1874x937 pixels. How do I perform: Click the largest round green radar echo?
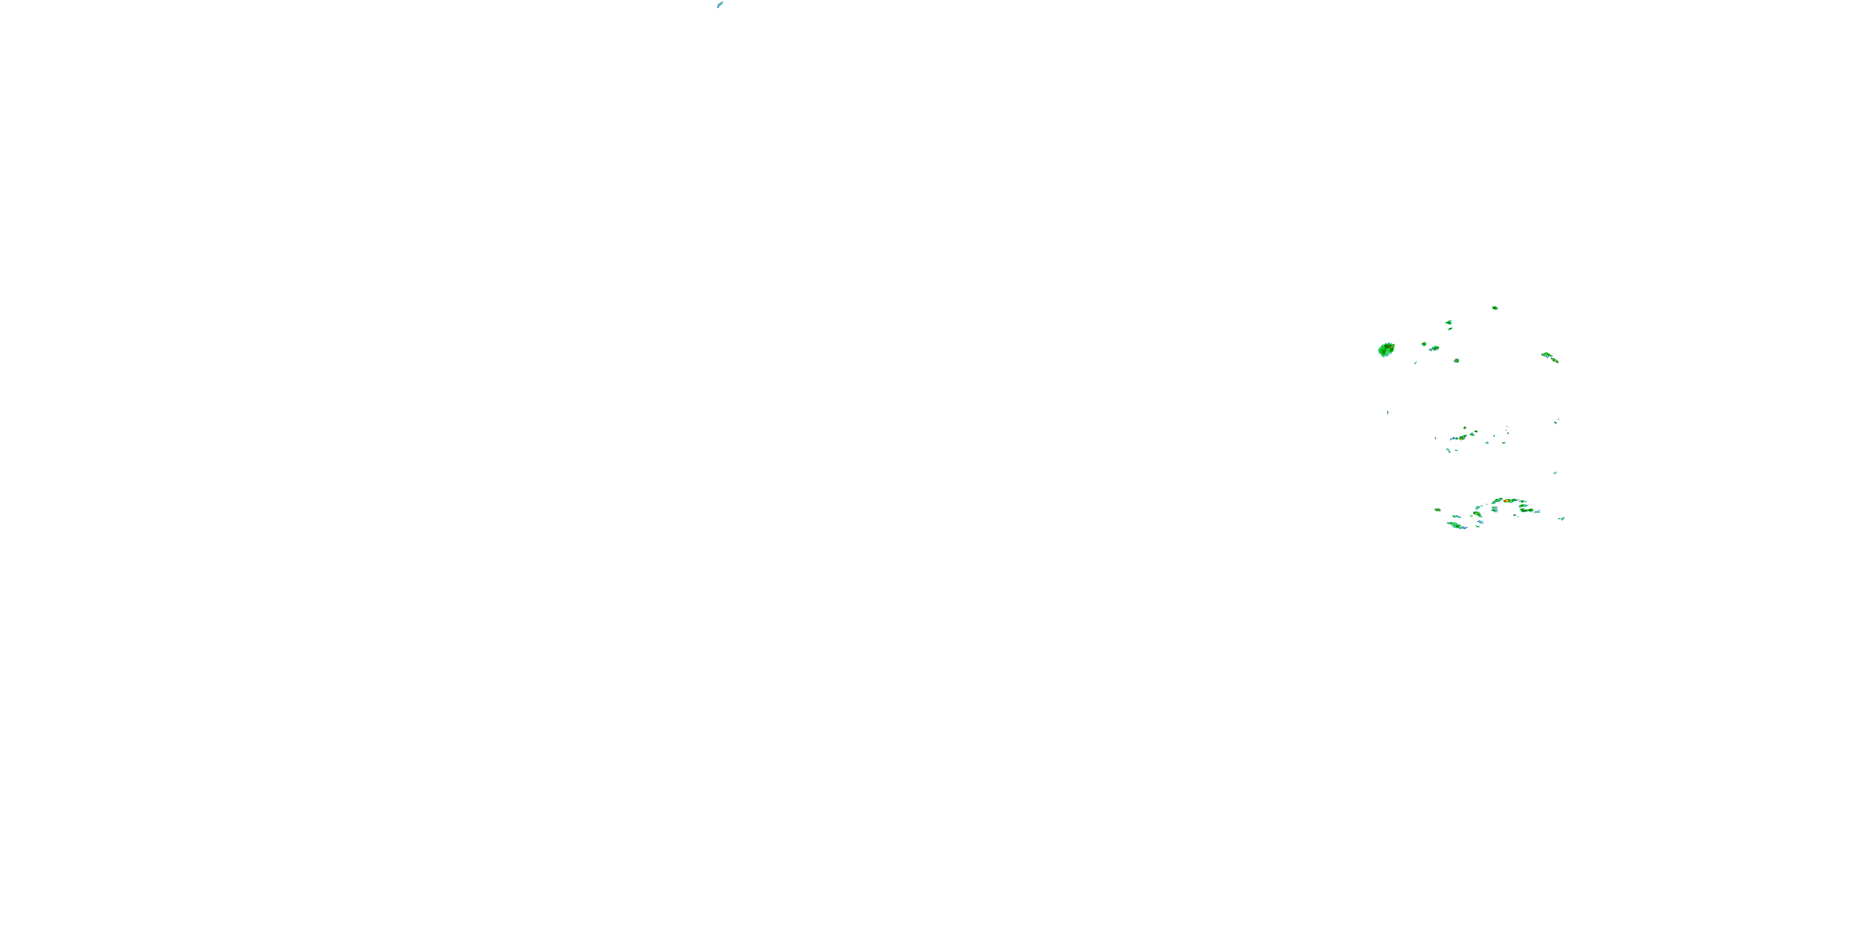coord(1386,350)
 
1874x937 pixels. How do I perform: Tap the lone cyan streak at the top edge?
coord(720,5)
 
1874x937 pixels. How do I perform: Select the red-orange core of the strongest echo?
coord(1507,500)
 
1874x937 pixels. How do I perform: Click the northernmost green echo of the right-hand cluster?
coord(1494,308)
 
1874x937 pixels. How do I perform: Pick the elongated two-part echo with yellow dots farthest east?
coord(1550,357)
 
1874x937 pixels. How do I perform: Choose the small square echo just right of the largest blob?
coord(1424,344)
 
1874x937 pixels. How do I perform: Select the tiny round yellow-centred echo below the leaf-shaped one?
coord(1457,360)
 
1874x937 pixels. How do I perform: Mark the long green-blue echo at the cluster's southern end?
coord(1457,525)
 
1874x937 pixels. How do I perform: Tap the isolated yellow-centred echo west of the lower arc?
coord(1437,510)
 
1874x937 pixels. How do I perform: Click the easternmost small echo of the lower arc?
coord(1561,518)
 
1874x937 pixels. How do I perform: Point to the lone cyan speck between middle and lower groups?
coord(1555,473)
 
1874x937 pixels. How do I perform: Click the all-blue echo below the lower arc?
coord(1480,522)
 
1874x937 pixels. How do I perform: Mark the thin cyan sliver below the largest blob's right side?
coord(1415,362)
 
